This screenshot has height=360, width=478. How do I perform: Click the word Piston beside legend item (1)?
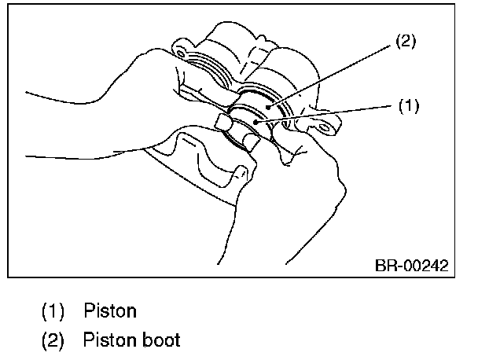[109, 310]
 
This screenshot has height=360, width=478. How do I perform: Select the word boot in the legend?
[160, 340]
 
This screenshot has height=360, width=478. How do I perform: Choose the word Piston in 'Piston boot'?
[109, 340]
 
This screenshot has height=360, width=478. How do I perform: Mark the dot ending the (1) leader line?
[257, 123]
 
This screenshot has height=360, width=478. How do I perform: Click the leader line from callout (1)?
[330, 114]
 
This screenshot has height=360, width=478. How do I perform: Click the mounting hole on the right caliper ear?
[296, 123]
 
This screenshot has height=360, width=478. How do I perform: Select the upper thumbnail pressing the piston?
[223, 122]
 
